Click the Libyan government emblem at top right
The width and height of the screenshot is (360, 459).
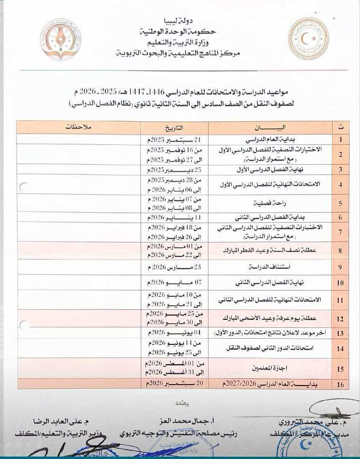[x=309, y=39]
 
